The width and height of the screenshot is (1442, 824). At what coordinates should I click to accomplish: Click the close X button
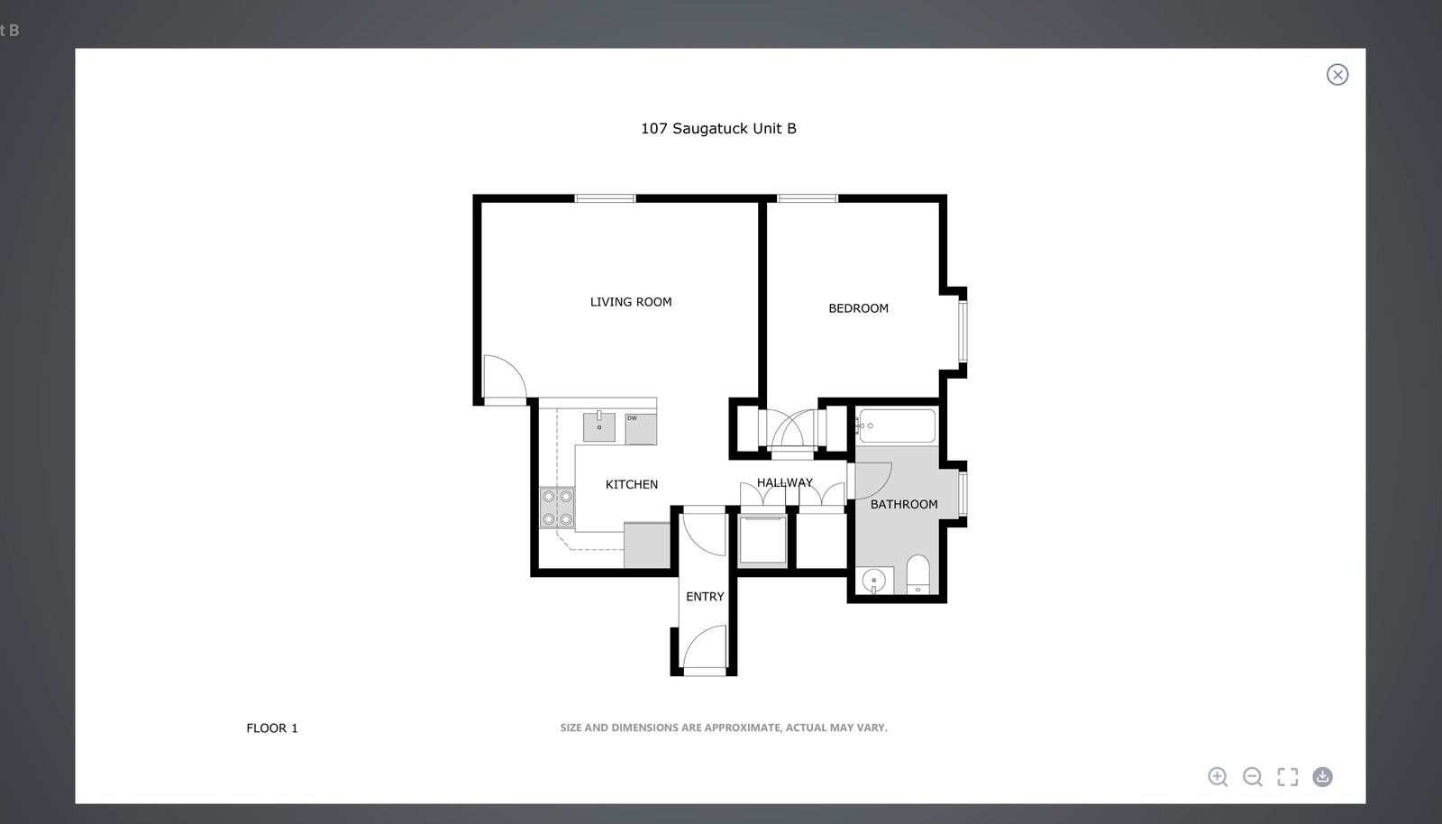pyautogui.click(x=1337, y=75)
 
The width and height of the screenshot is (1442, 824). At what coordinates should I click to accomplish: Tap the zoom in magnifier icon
pyautogui.click(x=1218, y=776)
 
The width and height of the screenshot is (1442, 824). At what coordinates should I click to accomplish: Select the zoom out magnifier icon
pyautogui.click(x=1252, y=776)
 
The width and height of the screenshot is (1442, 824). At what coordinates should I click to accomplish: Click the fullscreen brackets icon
pyautogui.click(x=1288, y=776)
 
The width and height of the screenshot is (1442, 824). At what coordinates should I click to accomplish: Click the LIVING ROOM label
pyautogui.click(x=631, y=302)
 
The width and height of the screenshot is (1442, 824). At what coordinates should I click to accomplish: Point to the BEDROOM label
pyautogui.click(x=858, y=308)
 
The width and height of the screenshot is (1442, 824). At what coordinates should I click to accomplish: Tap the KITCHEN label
pyautogui.click(x=632, y=484)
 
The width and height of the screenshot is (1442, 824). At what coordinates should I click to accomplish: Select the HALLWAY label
pyautogui.click(x=785, y=482)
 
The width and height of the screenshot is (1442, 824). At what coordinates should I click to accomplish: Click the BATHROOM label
pyautogui.click(x=904, y=504)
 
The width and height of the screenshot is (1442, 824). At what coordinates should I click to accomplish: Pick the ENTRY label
pyautogui.click(x=705, y=597)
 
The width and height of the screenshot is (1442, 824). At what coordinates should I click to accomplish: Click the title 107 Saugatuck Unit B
pyautogui.click(x=718, y=129)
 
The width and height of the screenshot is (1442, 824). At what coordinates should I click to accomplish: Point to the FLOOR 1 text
pyautogui.click(x=271, y=728)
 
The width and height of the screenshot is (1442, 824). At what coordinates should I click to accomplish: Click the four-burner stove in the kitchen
pyautogui.click(x=557, y=508)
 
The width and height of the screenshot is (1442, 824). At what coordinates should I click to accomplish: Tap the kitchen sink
pyautogui.click(x=598, y=427)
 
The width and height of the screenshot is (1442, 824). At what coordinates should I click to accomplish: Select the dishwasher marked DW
pyautogui.click(x=641, y=429)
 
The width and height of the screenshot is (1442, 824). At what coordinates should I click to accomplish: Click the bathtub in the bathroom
pyautogui.click(x=897, y=426)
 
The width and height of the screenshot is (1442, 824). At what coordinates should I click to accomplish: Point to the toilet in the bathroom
pyautogui.click(x=918, y=574)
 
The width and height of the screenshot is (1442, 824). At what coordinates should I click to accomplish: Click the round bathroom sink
pyautogui.click(x=874, y=581)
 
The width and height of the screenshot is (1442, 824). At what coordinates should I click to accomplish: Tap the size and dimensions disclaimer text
pyautogui.click(x=724, y=728)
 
